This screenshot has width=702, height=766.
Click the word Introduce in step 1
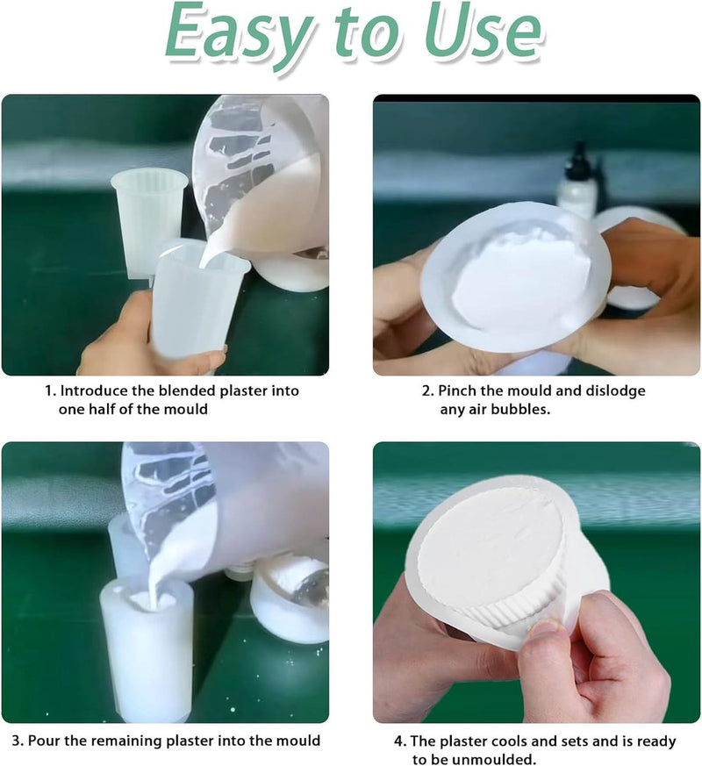[94, 390]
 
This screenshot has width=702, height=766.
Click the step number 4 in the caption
[399, 741]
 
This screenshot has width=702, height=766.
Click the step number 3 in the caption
[17, 741]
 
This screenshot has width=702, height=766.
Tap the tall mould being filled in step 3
[147, 649]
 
